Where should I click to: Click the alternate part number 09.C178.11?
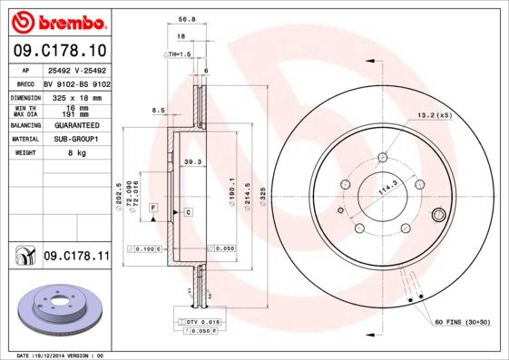tap(76, 257)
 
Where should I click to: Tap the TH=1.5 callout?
tap(179, 55)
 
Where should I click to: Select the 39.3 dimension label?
tap(192, 163)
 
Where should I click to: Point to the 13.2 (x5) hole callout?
tap(434, 114)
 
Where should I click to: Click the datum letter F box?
tap(154, 208)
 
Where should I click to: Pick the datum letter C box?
tap(188, 212)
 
